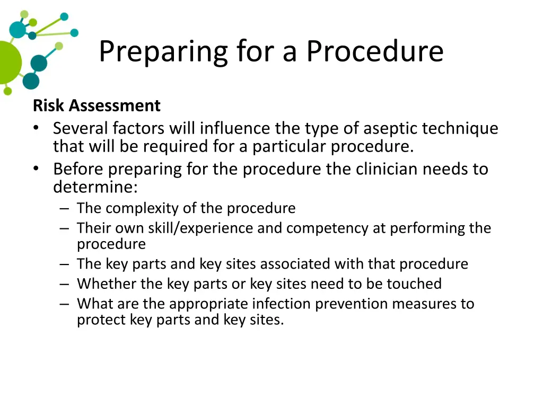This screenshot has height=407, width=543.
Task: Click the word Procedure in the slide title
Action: [374, 52]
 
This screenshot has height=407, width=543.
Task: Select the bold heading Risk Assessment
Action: [97, 105]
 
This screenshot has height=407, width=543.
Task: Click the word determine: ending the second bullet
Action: [95, 187]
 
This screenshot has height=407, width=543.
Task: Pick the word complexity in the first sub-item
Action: [142, 208]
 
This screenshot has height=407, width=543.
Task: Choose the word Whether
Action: [106, 284]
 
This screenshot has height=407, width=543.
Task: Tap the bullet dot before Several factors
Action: [36, 129]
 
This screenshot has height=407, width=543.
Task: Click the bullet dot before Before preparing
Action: [36, 170]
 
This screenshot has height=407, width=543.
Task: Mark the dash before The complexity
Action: [64, 209]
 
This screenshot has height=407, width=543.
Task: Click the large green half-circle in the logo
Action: [8, 62]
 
